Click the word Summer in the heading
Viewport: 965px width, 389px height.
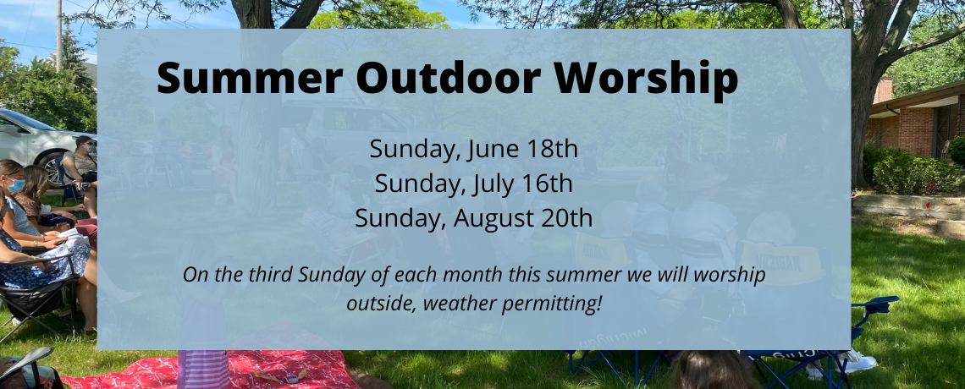tap(249, 78)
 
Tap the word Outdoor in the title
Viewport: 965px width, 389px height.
tap(448, 78)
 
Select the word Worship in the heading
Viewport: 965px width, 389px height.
tap(646, 79)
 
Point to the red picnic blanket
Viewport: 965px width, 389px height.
tap(209, 370)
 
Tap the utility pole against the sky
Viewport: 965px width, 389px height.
tap(58, 35)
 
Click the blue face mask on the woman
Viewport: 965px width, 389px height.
tap(16, 185)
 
